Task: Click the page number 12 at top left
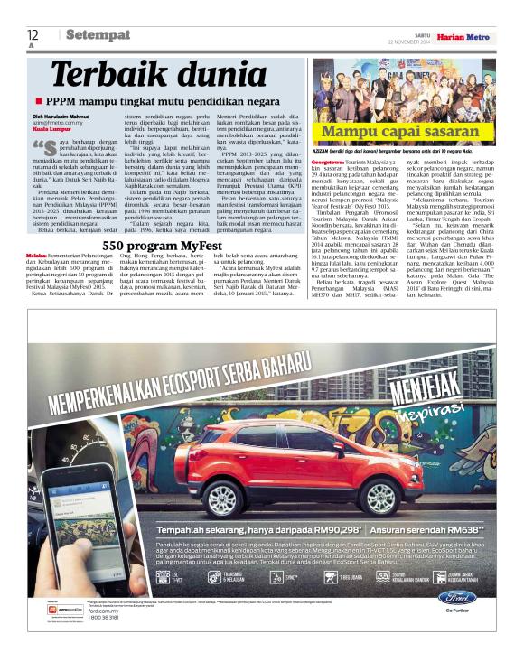tap(33, 34)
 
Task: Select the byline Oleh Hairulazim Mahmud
tap(61, 115)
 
